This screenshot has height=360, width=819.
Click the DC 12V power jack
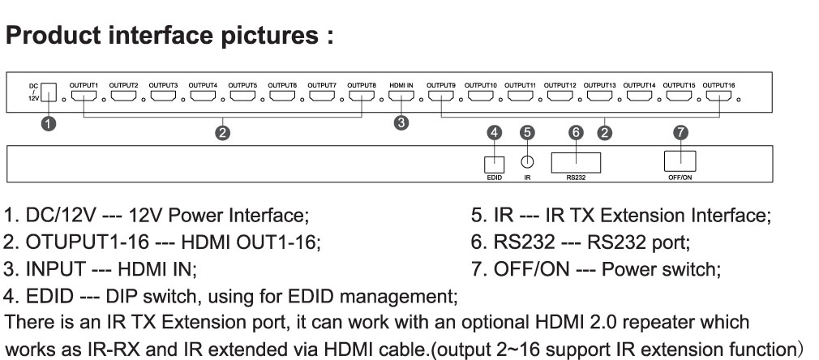click(48, 92)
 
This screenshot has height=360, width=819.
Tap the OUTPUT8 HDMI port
click(361, 96)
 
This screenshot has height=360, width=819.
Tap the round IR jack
click(527, 162)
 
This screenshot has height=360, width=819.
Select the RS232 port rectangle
click(576, 162)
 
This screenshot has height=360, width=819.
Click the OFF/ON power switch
click(680, 161)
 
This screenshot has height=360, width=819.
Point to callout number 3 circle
click(401, 123)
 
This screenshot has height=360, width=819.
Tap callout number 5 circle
click(527, 132)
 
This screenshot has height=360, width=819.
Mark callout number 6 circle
click(575, 132)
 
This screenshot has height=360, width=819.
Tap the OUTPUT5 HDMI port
click(242, 96)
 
